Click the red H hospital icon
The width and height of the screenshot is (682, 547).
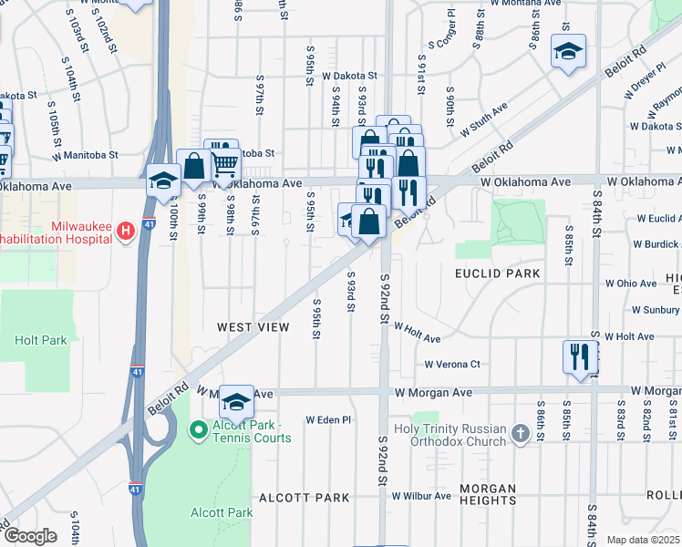(127, 232)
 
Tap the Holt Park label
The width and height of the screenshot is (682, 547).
(41, 340)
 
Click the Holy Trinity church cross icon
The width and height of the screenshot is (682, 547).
(520, 433)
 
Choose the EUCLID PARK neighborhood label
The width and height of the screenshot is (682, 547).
(498, 273)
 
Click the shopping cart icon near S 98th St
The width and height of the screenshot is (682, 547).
(225, 165)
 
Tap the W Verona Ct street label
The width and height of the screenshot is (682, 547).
(451, 365)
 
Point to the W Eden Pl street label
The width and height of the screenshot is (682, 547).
(328, 420)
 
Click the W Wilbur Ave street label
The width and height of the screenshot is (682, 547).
(421, 496)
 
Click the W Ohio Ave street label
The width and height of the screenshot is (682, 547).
(636, 284)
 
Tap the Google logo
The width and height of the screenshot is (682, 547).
(30, 536)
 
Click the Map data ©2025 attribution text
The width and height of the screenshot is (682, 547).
(644, 540)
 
